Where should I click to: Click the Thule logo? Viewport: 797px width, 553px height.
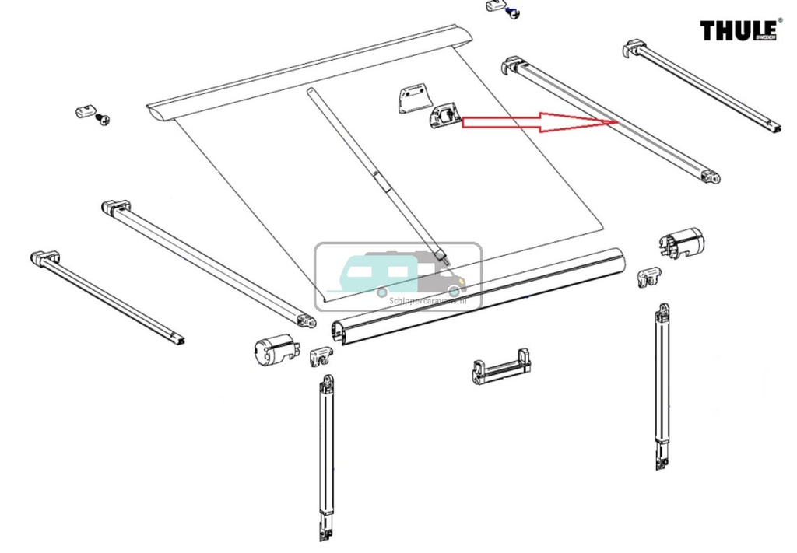[x=740, y=30]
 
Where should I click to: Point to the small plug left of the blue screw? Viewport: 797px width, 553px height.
[x=495, y=7]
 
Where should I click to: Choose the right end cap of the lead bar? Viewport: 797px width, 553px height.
[x=682, y=242]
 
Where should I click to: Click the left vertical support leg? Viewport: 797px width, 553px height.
[x=325, y=459]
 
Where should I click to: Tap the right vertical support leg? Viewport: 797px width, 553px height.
[x=662, y=389]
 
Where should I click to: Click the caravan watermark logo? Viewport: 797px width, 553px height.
[x=398, y=275]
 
